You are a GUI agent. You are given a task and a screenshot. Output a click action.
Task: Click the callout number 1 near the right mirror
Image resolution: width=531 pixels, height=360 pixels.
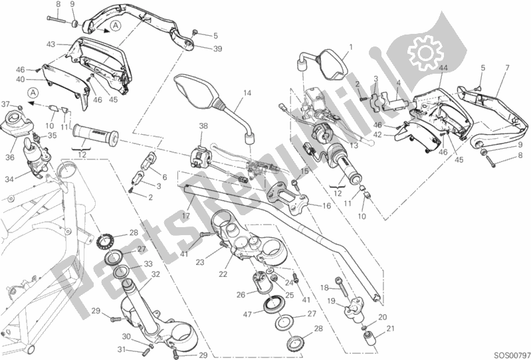pyautogui.click(x=351, y=46)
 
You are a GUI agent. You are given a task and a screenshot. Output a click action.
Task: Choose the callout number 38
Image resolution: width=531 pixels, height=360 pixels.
pyautogui.click(x=203, y=126)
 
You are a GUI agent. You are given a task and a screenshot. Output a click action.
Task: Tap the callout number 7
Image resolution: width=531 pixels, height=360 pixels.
pyautogui.click(x=507, y=68)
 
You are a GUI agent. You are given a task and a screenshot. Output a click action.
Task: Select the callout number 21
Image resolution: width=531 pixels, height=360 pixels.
pyautogui.click(x=390, y=328)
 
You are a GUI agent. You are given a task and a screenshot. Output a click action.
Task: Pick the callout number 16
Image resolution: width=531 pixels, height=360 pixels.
pyautogui.click(x=326, y=207)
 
